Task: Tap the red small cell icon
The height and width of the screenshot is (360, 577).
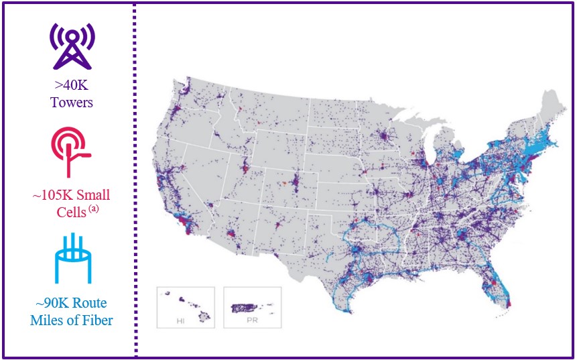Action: click(70, 152)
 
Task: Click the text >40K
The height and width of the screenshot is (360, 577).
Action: click(71, 86)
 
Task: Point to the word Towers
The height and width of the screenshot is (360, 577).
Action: click(71, 103)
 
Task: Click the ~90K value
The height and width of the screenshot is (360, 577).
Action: click(51, 303)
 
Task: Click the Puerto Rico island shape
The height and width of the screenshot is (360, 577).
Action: click(249, 308)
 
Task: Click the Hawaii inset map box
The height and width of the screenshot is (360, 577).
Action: click(186, 307)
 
